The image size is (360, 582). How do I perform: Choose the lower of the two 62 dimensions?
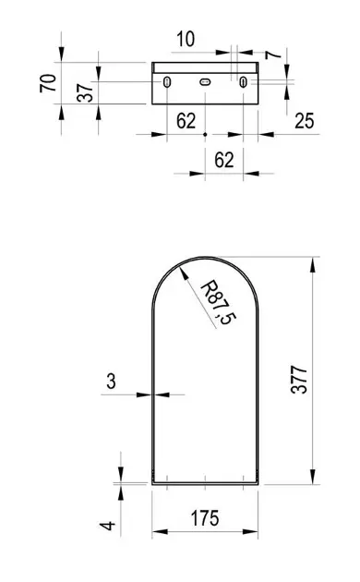(223, 158)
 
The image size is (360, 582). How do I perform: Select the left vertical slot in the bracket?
(167, 84)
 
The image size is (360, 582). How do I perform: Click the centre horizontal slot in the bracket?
(205, 83)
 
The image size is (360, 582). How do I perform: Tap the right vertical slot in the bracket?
(242, 84)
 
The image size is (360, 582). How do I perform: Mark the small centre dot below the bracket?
(205, 134)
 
